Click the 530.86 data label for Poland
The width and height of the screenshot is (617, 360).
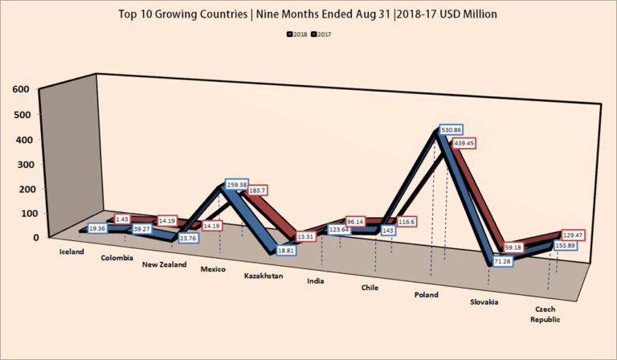[451, 129]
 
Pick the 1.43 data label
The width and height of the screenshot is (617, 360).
[123, 219]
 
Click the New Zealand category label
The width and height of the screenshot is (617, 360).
[165, 264]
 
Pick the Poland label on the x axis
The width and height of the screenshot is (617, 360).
[427, 295]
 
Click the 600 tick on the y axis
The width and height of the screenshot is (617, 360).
[22, 88]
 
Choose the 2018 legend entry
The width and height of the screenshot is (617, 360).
[297, 35]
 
